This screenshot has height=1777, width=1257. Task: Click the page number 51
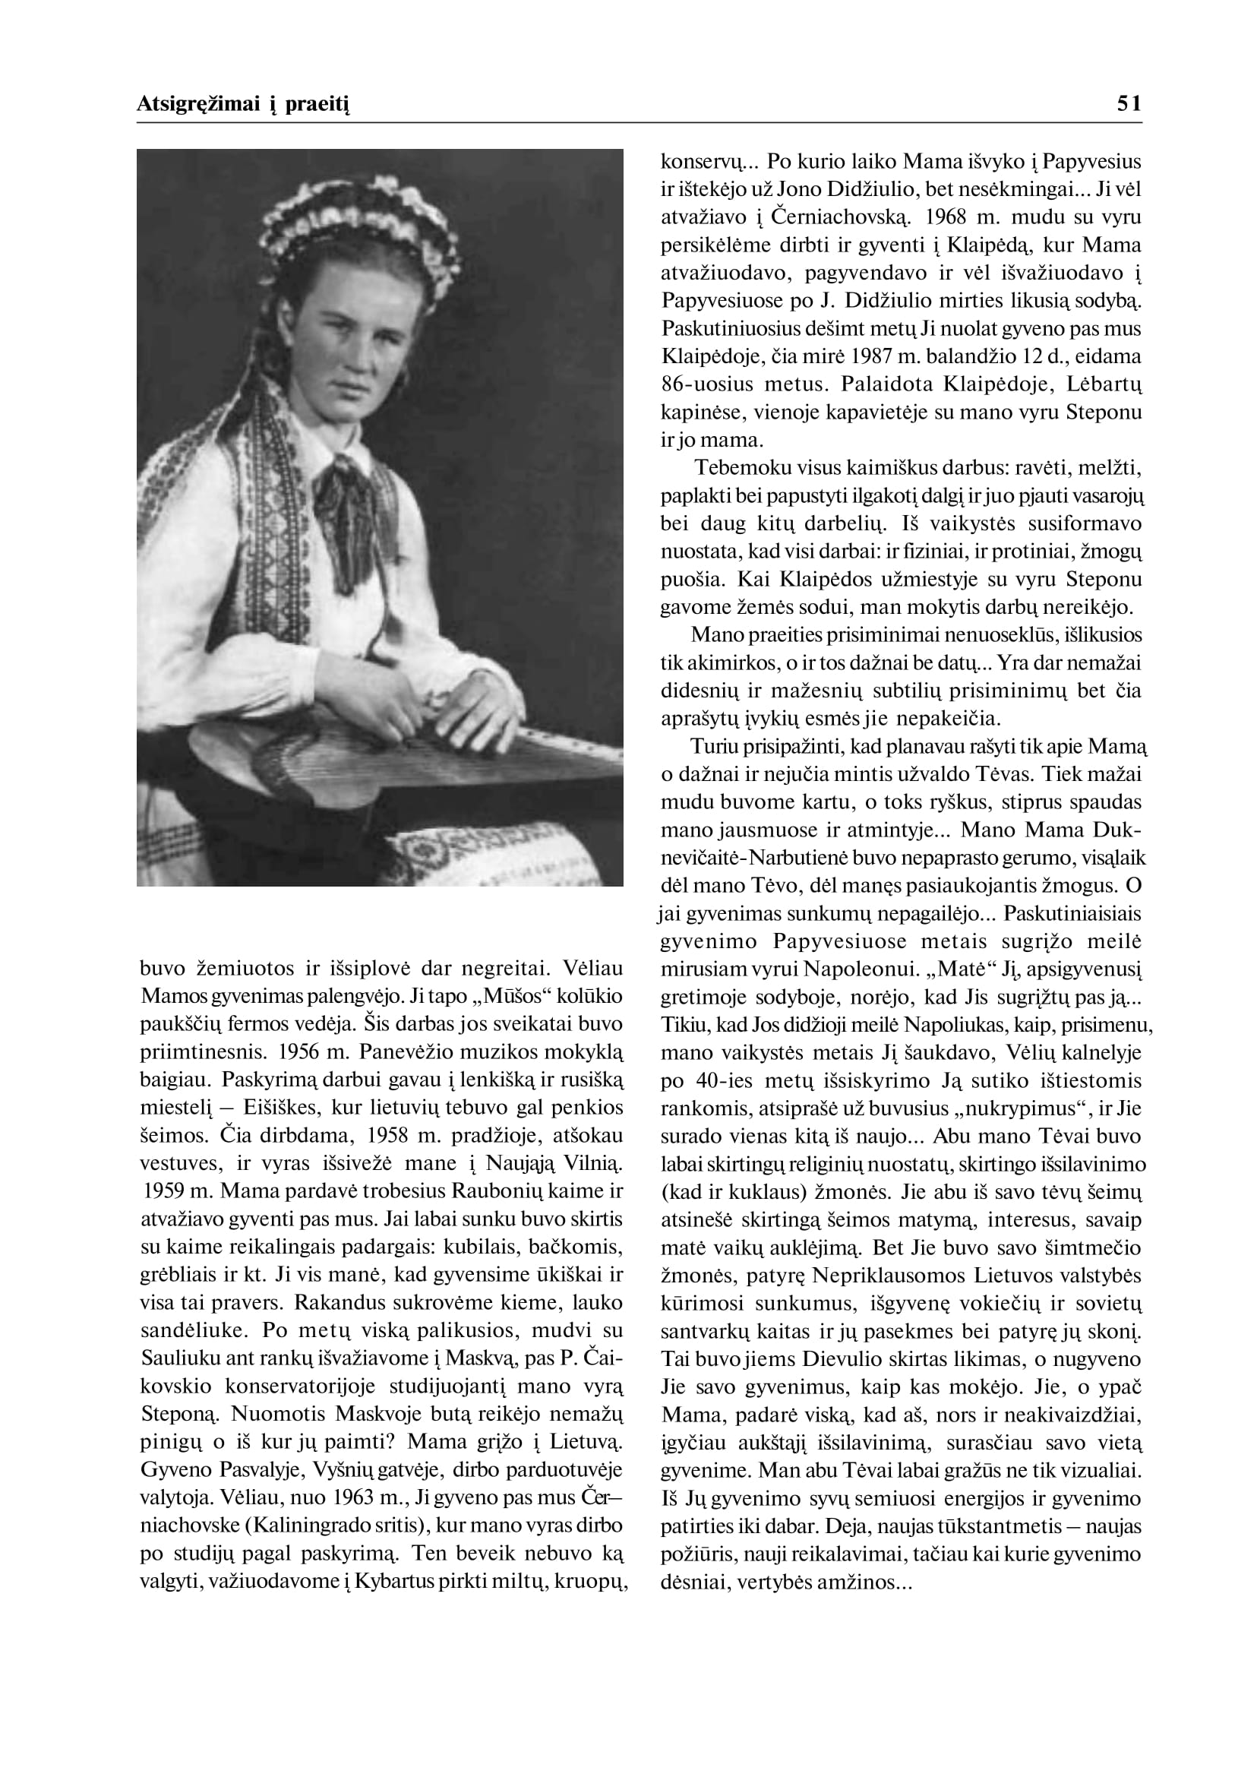click(1129, 104)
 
